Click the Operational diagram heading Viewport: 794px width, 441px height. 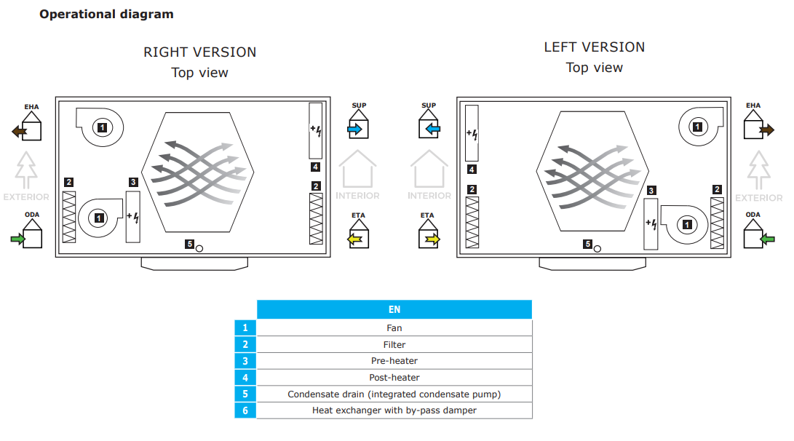tap(106, 14)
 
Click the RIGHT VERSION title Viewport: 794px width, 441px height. tap(199, 52)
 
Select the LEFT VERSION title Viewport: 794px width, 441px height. tap(594, 47)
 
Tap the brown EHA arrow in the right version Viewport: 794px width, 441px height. tap(20, 132)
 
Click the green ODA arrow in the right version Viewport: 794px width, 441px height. tap(18, 239)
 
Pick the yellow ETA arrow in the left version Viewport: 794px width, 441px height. tap(433, 239)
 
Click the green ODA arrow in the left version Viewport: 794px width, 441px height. tap(767, 239)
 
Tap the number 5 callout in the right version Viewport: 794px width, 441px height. tap(189, 245)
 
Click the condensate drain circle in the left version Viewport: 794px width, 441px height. tap(598, 248)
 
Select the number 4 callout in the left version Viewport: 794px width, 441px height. tap(472, 170)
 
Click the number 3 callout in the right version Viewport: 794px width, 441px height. tap(133, 182)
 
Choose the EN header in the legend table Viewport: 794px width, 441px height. tap(394, 309)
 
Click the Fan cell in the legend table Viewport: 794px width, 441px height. tap(394, 328)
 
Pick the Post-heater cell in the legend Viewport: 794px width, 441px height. tap(394, 378)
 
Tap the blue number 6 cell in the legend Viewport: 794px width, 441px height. tap(245, 410)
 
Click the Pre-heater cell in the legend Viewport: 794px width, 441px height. tap(394, 361)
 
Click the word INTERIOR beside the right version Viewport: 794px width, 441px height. tap(357, 196)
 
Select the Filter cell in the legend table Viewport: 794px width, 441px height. tap(394, 345)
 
